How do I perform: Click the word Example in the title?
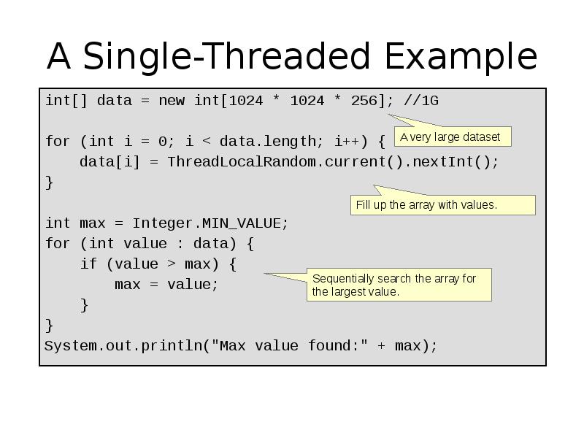[x=461, y=56]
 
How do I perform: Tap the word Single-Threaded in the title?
[x=226, y=56]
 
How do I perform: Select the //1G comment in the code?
[x=421, y=101]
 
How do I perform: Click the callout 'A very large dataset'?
[x=453, y=137]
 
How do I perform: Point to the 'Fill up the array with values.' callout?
[x=443, y=205]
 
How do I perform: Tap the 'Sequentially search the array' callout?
[x=399, y=285]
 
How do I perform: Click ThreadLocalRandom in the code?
[x=242, y=162]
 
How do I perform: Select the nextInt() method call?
[x=450, y=162]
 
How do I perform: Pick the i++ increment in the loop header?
[x=347, y=142]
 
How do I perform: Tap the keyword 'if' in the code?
[x=88, y=264]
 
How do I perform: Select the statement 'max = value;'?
[x=166, y=285]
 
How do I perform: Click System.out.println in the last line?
[x=123, y=346]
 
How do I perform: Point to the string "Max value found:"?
[x=289, y=346]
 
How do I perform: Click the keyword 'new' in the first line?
[x=172, y=101]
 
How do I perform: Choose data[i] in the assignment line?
[x=110, y=162]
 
